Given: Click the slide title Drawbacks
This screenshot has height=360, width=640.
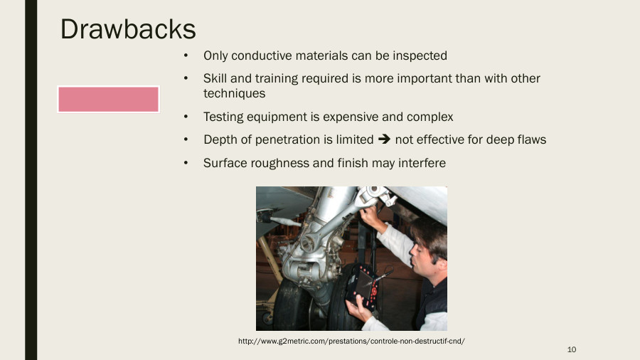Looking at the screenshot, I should (128, 28).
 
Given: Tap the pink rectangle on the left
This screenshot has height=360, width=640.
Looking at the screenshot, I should (108, 100).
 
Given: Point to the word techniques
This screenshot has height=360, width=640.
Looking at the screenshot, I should (234, 93).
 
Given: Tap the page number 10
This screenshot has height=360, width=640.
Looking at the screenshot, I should (571, 349).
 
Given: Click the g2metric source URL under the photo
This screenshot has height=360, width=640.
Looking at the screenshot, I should (351, 342).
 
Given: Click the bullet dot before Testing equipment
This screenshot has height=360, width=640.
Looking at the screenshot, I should (186, 117).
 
